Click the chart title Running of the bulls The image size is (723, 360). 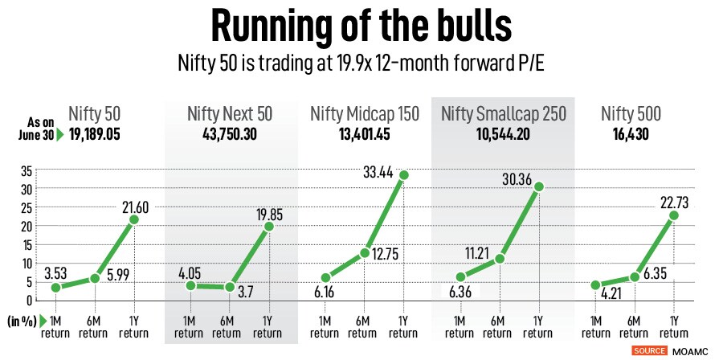pyautogui.click(x=361, y=27)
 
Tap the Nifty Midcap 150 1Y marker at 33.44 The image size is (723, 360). pyautogui.click(x=404, y=175)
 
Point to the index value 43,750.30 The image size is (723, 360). pyautogui.click(x=229, y=134)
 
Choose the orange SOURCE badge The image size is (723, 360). pyautogui.click(x=651, y=351)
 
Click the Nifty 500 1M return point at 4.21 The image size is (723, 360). pyautogui.click(x=594, y=285)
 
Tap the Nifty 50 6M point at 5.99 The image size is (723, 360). pyautogui.click(x=95, y=278)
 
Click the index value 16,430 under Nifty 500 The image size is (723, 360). pyautogui.click(x=635, y=134)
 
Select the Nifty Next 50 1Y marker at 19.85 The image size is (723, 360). pyautogui.click(x=268, y=226)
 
